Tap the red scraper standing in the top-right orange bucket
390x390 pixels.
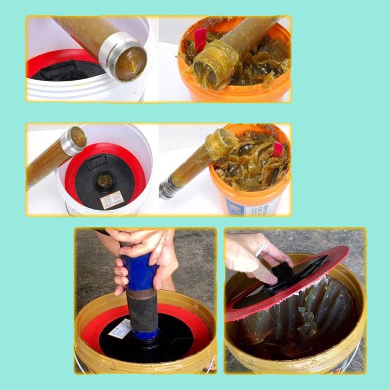pos(200,39)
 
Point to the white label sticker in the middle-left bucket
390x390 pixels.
pos(112,199)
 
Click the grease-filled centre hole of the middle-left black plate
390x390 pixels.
pos(104,181)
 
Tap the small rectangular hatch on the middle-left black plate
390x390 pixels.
pos(95,161)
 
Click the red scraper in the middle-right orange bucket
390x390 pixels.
pos(278,148)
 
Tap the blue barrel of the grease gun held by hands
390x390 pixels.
pos(139,271)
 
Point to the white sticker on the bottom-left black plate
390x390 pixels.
pos(121,328)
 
